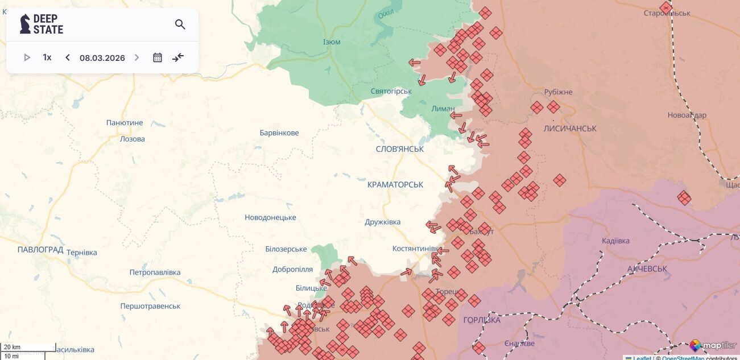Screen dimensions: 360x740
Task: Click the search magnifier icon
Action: [180, 24]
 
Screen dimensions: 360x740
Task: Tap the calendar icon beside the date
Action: [158, 57]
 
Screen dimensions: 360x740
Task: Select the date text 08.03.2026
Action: [102, 58]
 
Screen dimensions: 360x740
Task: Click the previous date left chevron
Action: [68, 57]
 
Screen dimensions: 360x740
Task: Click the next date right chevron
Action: [137, 57]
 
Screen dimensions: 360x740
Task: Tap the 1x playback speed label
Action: [47, 57]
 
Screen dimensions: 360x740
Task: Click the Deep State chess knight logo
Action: [25, 24]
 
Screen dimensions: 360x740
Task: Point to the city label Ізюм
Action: [332, 43]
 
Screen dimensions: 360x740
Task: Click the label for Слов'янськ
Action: [400, 149]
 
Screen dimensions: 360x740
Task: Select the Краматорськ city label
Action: [395, 185]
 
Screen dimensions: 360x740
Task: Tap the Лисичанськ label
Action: [570, 129]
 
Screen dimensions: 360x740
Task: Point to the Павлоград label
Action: [40, 250]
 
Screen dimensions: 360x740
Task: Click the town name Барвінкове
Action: [279, 133]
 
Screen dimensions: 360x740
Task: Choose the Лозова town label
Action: [133, 139]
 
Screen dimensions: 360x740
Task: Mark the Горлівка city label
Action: [482, 320]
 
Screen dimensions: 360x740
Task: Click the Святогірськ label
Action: [391, 92]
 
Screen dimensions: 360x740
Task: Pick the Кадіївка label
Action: [615, 241]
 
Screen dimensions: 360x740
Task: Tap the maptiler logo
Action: [713, 346]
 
